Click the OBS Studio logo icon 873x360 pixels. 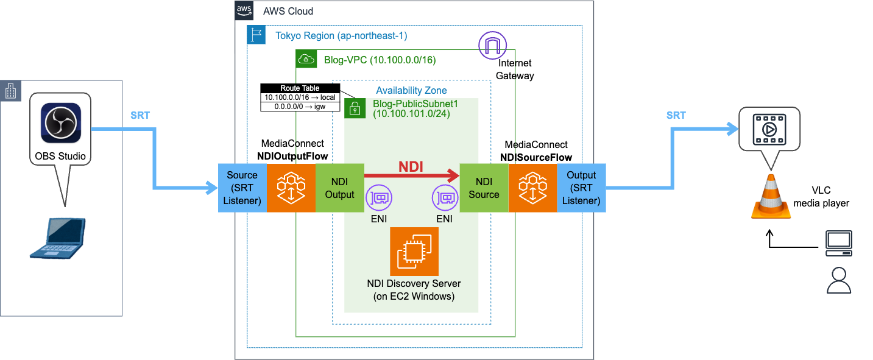point(60,122)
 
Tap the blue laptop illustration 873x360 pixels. point(58,238)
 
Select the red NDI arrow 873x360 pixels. point(411,176)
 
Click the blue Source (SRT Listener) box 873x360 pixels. point(242,187)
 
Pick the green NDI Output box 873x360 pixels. point(339,187)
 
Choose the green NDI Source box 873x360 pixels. point(484,187)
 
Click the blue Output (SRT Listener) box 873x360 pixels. point(581,187)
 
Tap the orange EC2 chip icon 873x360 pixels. point(414,251)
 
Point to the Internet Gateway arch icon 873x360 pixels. point(492,45)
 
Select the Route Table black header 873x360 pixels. point(300,88)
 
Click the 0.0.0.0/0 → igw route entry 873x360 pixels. point(300,107)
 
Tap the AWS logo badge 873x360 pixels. point(244,10)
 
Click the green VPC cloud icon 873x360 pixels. point(305,59)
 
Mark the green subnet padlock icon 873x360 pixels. point(354,108)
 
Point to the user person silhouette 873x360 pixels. point(839,281)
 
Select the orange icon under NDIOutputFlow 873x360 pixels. point(291,187)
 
